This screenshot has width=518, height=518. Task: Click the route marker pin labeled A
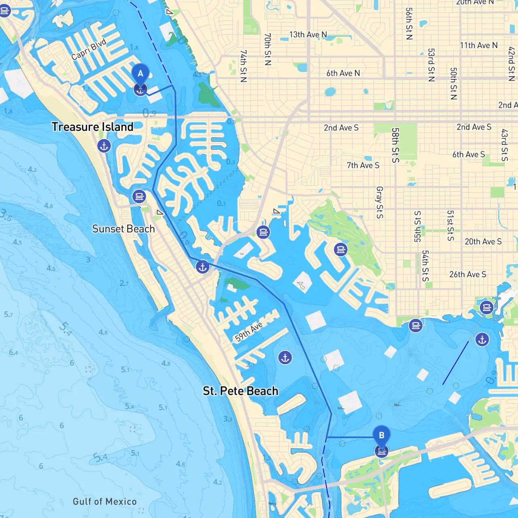point(140,74)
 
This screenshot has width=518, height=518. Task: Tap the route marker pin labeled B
point(381,436)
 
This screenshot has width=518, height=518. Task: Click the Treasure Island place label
point(92,127)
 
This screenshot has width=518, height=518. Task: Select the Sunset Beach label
point(123,229)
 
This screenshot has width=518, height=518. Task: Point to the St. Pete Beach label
point(240,391)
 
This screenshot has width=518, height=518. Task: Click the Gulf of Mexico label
point(104,502)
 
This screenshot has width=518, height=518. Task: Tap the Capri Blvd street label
point(89,49)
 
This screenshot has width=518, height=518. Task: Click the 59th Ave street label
point(248,332)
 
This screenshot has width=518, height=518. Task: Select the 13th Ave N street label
point(308,35)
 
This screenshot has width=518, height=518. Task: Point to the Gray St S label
point(380,202)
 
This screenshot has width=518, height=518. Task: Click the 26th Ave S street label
point(467,274)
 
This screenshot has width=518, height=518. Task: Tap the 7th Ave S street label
point(363,165)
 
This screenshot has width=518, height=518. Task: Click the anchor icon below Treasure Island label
point(104,146)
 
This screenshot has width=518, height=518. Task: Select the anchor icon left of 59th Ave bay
point(203,267)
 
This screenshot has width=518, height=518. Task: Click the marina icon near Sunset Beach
point(139,197)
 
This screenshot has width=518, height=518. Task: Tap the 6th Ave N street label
point(343,73)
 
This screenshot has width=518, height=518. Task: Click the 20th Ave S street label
point(483,242)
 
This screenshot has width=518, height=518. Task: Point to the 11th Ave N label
point(478,45)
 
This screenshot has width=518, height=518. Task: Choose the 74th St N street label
point(243,66)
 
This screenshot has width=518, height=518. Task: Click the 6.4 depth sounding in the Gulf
point(13,352)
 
